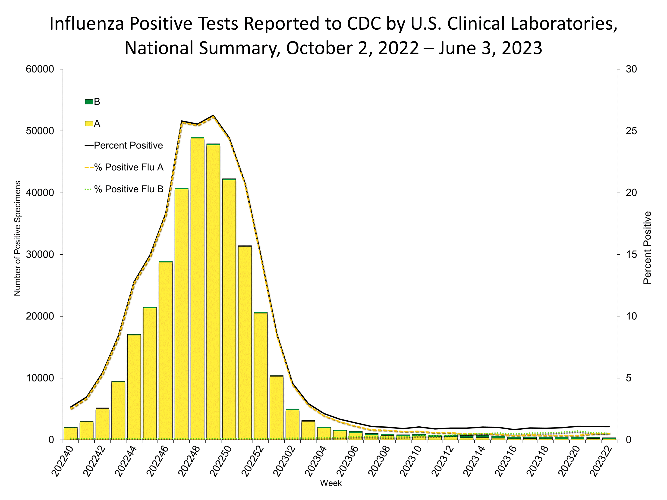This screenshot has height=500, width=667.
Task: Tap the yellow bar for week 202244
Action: tap(134, 387)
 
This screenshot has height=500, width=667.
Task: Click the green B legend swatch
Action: tap(89, 102)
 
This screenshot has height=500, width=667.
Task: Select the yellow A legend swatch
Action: tap(89, 124)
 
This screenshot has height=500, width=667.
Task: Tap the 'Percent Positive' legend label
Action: tap(128, 146)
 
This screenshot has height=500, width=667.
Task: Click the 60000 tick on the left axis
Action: tap(40, 69)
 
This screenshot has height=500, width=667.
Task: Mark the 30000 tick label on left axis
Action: tap(40, 254)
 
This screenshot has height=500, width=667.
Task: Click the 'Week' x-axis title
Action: tap(331, 483)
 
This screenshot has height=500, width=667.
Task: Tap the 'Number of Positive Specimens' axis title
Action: tap(18, 238)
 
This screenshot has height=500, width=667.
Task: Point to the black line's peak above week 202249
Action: tap(213, 116)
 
